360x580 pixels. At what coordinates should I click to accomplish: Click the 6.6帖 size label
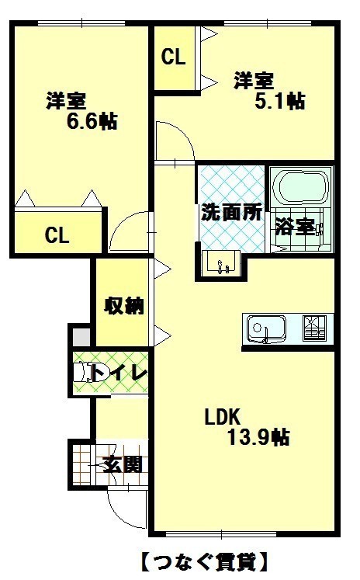[92, 121]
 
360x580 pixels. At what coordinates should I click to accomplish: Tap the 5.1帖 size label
[280, 101]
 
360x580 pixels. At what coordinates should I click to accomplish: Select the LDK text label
[223, 417]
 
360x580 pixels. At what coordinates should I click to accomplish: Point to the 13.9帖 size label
[258, 437]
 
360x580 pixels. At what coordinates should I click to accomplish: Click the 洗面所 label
[231, 212]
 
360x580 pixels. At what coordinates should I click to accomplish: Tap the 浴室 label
[295, 227]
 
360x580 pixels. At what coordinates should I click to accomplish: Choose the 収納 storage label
[123, 305]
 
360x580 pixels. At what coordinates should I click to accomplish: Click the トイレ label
[119, 373]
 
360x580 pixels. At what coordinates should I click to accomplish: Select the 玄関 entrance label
[122, 464]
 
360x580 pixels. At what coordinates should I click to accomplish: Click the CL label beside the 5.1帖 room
[173, 57]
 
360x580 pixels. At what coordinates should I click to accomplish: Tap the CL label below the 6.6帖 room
[57, 235]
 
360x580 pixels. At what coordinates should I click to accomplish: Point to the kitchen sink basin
[266, 328]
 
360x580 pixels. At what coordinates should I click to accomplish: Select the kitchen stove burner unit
[314, 328]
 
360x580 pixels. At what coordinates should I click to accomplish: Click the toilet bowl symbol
[81, 372]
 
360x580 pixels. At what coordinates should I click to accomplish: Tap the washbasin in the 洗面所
[221, 263]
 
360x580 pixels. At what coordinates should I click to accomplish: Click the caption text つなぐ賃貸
[204, 562]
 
